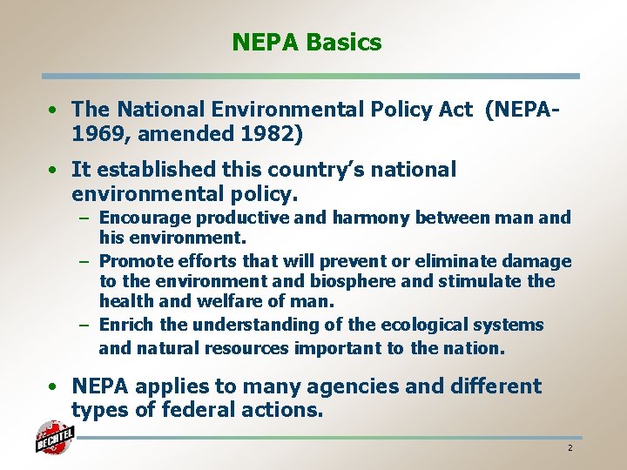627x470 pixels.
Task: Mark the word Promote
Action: click(135, 261)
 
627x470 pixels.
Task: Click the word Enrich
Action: click(126, 325)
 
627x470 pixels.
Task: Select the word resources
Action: click(249, 348)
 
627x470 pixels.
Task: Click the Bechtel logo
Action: click(53, 438)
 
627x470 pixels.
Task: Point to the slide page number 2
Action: click(570, 447)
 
